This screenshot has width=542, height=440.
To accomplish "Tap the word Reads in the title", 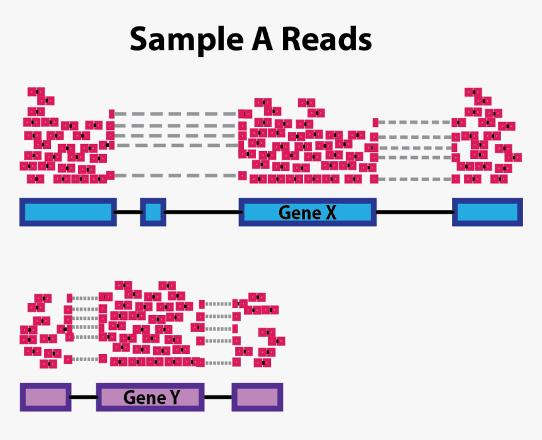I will pos(326,39).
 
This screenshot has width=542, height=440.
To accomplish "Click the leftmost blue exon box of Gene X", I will pos(67,212).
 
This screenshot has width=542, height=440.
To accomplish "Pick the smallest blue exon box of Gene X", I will pos(153,212).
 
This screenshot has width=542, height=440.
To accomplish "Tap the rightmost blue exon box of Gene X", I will pos(487,212).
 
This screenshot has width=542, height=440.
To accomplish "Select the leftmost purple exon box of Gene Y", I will pos(45,398).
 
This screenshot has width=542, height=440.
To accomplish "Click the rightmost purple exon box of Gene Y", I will pos(257,398).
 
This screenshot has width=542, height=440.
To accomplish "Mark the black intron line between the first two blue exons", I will pos(128,212).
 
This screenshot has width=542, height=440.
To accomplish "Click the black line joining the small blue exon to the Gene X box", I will pos(202,212).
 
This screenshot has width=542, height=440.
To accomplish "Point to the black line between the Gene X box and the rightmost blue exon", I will pos(414,212).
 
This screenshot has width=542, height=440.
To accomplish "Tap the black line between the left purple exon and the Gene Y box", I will pos(83,398).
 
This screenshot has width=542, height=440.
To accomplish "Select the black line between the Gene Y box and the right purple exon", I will pos(218,398).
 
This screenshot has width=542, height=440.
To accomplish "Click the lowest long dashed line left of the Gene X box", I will pos(176,175).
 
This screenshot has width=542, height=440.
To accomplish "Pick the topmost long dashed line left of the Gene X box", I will pos(176,114).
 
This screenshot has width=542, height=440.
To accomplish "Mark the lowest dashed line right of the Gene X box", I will pos(414,179).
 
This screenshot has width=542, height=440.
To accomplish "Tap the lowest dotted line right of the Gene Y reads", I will pos(218,363).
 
